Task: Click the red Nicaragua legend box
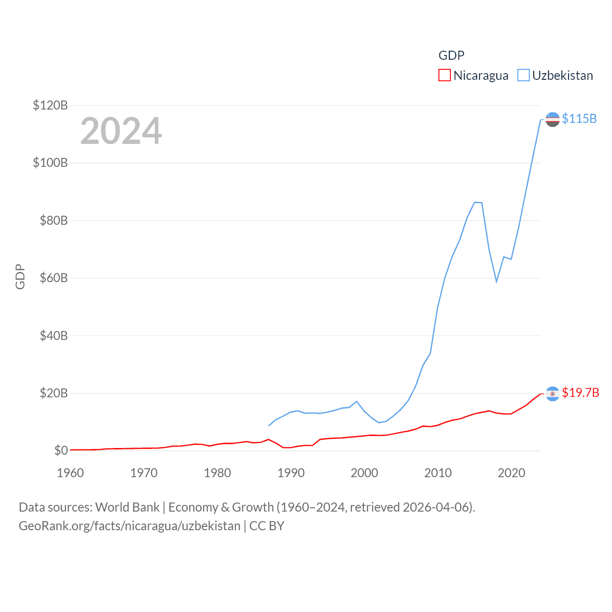click(445, 76)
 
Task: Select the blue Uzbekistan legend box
click(524, 76)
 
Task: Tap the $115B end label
click(579, 119)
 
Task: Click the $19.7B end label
click(580, 393)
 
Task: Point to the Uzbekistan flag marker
click(552, 119)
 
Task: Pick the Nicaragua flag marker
click(552, 393)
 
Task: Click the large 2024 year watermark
click(121, 131)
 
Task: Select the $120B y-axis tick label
click(50, 105)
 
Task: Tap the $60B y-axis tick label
click(54, 278)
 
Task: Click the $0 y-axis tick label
click(61, 450)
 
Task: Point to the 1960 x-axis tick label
click(70, 473)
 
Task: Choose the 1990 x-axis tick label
click(291, 473)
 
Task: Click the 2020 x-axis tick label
click(512, 473)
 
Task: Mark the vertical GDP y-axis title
click(20, 276)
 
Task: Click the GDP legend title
click(451, 55)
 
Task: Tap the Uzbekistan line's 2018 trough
click(497, 281)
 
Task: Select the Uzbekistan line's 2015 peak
click(475, 202)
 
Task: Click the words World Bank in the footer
click(127, 507)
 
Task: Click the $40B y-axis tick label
click(54, 336)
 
